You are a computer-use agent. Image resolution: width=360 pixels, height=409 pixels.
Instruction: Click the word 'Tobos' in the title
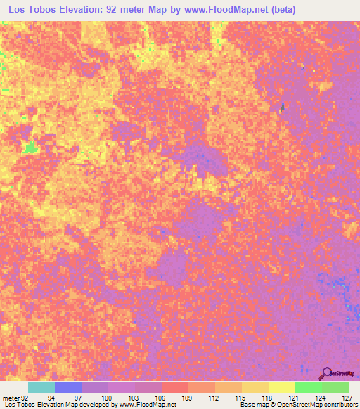tap(54, 10)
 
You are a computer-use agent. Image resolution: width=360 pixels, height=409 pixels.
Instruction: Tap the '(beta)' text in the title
tap(276, 10)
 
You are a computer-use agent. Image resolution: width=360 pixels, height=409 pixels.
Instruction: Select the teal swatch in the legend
tap(41, 387)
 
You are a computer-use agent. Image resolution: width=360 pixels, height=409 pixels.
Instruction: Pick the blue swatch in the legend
tap(68, 387)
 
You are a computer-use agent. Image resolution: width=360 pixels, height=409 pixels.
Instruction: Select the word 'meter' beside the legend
tap(11, 398)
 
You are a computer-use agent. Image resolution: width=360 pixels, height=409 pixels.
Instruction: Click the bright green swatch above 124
tap(309, 387)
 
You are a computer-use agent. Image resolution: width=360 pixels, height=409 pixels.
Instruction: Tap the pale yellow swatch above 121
tap(282, 387)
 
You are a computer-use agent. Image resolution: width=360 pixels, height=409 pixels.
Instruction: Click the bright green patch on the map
tap(30, 148)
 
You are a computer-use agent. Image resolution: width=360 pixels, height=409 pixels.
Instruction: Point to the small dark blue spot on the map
tap(283, 108)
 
